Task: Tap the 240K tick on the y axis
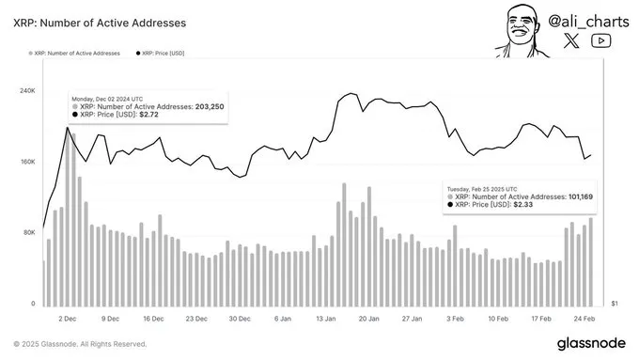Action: (28, 90)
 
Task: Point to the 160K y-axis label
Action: (28, 162)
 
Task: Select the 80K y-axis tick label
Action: (30, 232)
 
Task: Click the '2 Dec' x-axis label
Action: (67, 319)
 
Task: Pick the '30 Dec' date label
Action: (239, 319)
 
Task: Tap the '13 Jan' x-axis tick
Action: (326, 319)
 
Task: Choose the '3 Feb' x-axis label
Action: (455, 319)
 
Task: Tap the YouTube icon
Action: (602, 40)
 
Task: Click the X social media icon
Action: (573, 40)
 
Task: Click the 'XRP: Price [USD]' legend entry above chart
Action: (163, 54)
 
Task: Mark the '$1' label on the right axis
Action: (615, 304)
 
